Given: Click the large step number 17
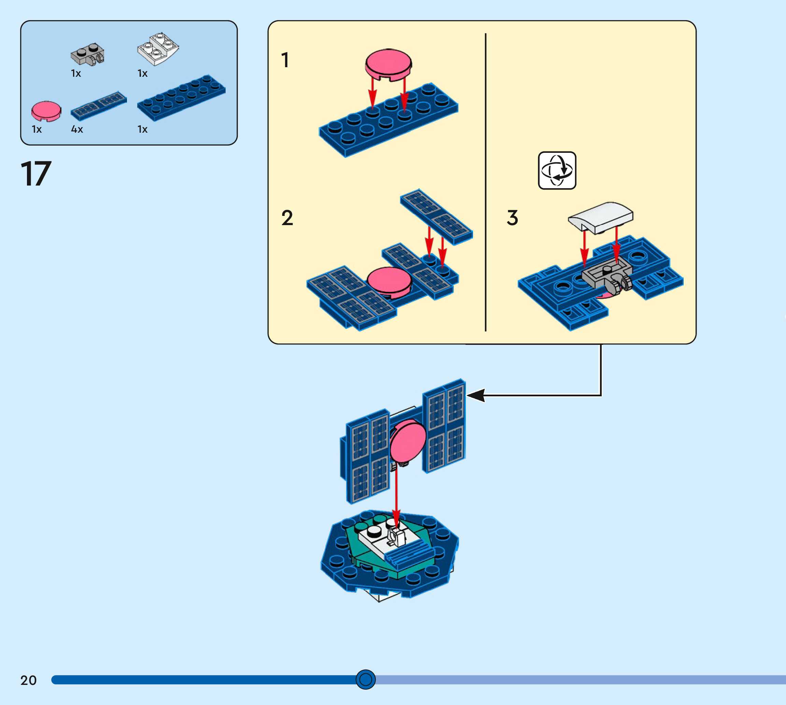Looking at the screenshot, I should pos(35,174).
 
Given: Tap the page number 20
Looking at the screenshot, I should pos(28,680).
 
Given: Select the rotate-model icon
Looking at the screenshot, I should pos(557,171).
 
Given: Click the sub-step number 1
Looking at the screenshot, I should pos(285,60).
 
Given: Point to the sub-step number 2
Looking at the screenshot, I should pos(287,218).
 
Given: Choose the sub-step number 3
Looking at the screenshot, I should pos(512,218).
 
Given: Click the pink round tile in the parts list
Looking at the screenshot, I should pos(46,111).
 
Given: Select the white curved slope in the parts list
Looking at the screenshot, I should pos(158,49).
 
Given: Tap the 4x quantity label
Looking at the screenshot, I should pos(77,129).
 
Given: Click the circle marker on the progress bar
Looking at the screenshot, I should pos(366,679).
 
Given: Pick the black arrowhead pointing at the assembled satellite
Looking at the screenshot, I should pos(475,396).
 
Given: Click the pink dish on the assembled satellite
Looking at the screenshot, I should pos(408,442).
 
